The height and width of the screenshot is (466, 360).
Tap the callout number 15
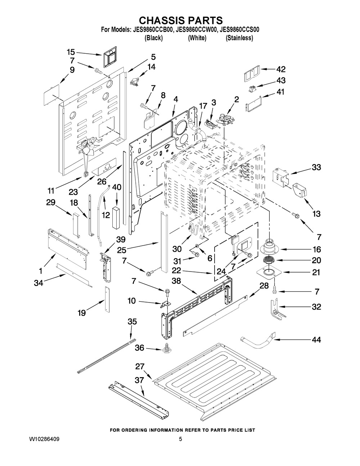71,52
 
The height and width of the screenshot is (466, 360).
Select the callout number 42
280,70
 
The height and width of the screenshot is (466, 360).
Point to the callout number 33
316,167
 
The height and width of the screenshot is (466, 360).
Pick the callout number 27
140,367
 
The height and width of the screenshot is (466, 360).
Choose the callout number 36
140,348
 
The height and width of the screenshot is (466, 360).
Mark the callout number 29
51,202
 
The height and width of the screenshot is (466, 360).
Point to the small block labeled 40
116,217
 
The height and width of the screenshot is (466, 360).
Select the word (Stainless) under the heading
239,38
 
